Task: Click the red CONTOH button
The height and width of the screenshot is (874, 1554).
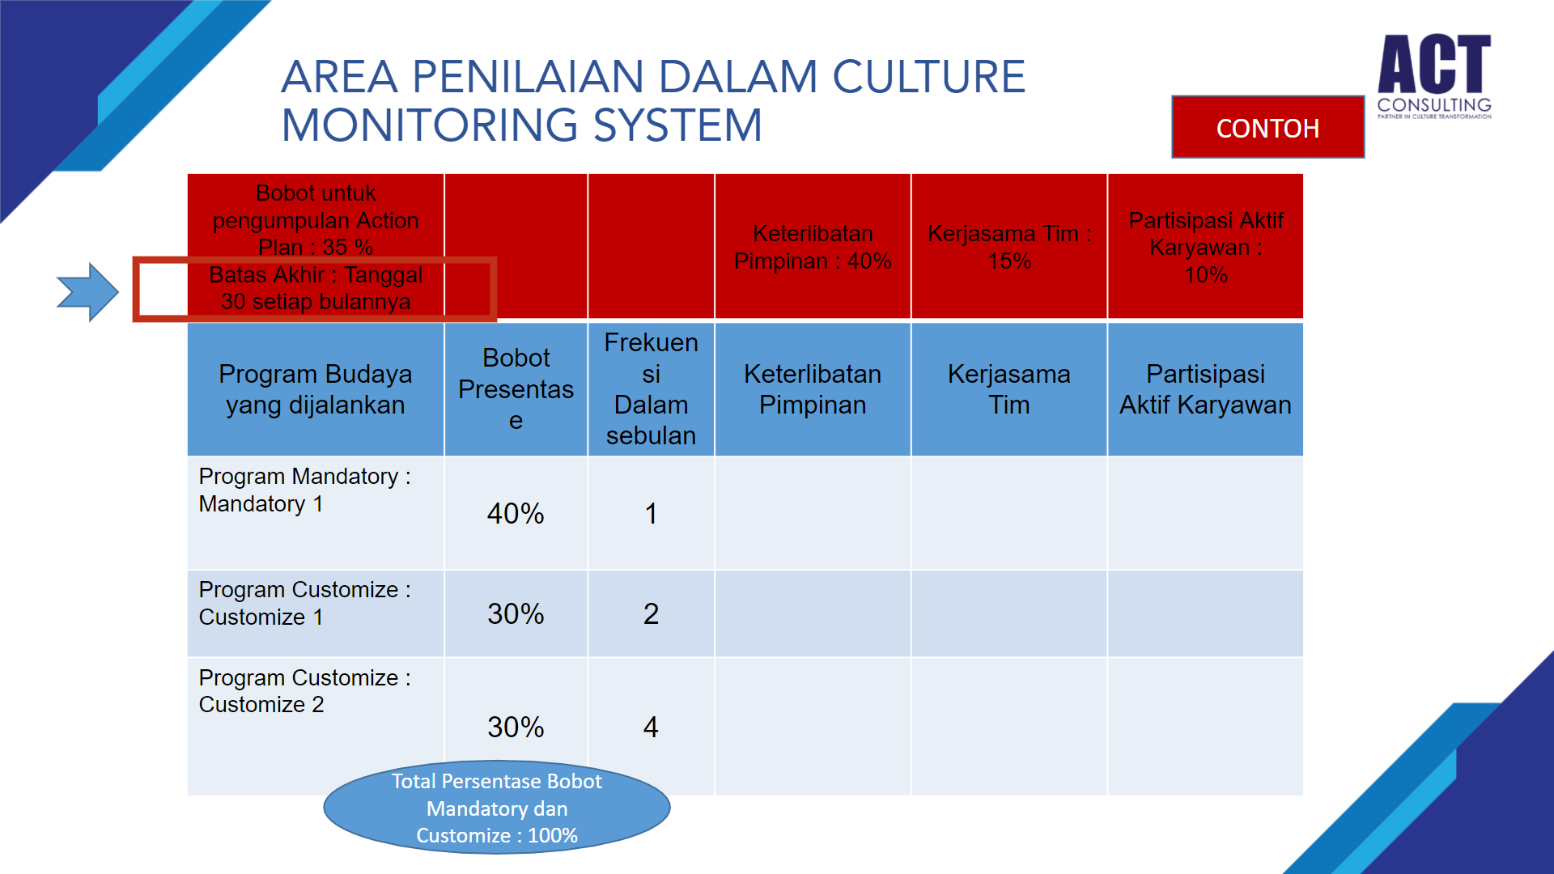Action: coord(1267,127)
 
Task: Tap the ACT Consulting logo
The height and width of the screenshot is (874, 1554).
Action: coord(1434,76)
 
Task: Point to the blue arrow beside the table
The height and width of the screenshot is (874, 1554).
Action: coord(87,291)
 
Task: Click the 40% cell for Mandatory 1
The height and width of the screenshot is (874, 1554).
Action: coord(516,513)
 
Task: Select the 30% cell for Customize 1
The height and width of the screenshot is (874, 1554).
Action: coord(516,613)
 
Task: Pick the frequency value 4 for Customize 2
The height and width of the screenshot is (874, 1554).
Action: coord(651,727)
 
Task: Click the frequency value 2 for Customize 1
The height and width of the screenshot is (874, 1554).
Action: coord(651,613)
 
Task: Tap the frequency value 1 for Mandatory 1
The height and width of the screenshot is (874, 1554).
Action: coord(651,513)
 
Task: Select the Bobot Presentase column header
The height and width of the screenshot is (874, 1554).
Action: coord(516,388)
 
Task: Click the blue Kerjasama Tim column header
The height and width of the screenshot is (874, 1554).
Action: coord(1008,388)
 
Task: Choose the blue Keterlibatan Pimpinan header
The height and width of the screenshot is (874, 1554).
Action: coord(813,388)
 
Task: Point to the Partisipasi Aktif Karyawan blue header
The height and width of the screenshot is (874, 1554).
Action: coord(1205,388)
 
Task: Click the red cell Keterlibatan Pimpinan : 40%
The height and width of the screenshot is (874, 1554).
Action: coord(813,246)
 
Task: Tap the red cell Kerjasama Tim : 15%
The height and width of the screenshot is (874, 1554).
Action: coord(1008,246)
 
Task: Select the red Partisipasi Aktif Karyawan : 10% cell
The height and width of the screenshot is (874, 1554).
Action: coord(1205,246)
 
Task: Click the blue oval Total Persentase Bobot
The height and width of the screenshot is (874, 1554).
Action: coord(497,807)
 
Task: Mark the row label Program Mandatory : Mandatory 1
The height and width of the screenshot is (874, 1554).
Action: coord(304,490)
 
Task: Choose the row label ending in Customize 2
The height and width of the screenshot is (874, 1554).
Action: coord(304,690)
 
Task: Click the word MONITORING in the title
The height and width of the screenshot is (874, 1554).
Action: coord(430,125)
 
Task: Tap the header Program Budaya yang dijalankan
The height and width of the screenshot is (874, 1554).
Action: coord(316,388)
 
